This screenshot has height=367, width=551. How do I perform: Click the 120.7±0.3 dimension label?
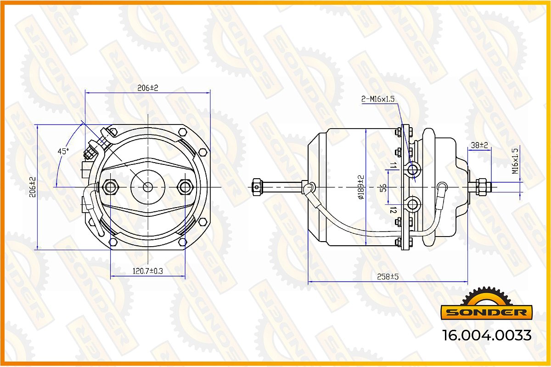click(x=147, y=271)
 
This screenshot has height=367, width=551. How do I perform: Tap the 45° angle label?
click(x=63, y=151)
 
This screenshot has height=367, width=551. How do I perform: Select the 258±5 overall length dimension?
click(x=388, y=277)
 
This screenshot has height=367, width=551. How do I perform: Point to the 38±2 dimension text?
click(x=479, y=145)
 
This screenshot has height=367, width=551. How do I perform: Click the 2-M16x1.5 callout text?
click(x=378, y=99)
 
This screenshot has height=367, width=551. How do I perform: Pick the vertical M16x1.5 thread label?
click(x=515, y=161)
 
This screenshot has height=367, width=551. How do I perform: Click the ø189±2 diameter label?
click(x=361, y=187)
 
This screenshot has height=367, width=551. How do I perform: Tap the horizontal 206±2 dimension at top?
click(x=147, y=88)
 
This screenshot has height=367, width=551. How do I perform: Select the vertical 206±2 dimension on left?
click(x=33, y=187)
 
